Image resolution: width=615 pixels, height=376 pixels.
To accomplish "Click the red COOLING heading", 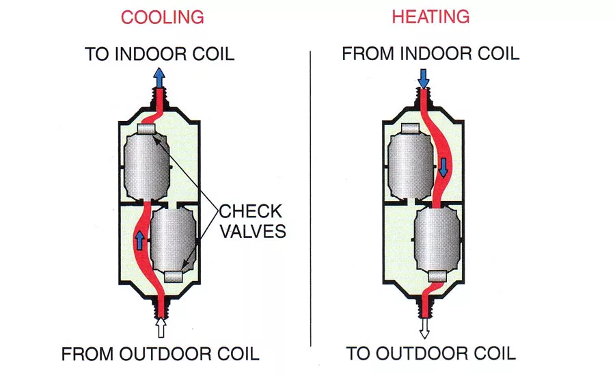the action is (x=163, y=18).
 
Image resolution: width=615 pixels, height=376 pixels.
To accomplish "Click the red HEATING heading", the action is (x=430, y=17).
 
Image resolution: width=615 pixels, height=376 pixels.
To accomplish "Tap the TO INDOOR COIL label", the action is (x=160, y=54).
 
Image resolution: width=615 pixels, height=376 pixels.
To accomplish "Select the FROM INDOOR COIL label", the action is (x=430, y=53).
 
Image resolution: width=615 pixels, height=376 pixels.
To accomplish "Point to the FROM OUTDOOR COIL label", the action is (x=160, y=354).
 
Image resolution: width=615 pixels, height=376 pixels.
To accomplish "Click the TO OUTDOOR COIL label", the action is (x=430, y=353).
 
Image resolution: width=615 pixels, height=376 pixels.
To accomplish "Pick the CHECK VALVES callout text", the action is (x=252, y=221).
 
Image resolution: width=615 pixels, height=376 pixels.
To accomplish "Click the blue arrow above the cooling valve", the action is (x=159, y=77).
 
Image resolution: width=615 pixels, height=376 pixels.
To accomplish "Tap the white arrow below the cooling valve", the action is (x=161, y=327).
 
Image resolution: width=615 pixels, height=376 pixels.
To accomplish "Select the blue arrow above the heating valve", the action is (x=424, y=79).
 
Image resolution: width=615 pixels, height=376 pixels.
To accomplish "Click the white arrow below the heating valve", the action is (x=424, y=328).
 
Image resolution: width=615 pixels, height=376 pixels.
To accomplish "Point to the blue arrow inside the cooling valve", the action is (x=140, y=240).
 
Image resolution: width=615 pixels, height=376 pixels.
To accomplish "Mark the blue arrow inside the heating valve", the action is (x=443, y=167).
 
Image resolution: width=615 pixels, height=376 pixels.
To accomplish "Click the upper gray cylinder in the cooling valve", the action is (x=146, y=166).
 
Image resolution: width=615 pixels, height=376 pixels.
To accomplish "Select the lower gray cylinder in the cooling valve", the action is (x=173, y=239).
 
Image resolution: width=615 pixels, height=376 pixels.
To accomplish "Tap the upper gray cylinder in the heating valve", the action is (x=411, y=166).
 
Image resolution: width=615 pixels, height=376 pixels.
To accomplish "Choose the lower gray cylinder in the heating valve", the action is (x=437, y=239).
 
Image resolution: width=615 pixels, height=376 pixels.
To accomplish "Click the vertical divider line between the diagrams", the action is (x=311, y=199).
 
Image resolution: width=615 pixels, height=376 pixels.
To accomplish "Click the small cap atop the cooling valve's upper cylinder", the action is (x=146, y=129).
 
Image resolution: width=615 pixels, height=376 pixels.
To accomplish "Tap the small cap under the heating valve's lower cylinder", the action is (x=437, y=277).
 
